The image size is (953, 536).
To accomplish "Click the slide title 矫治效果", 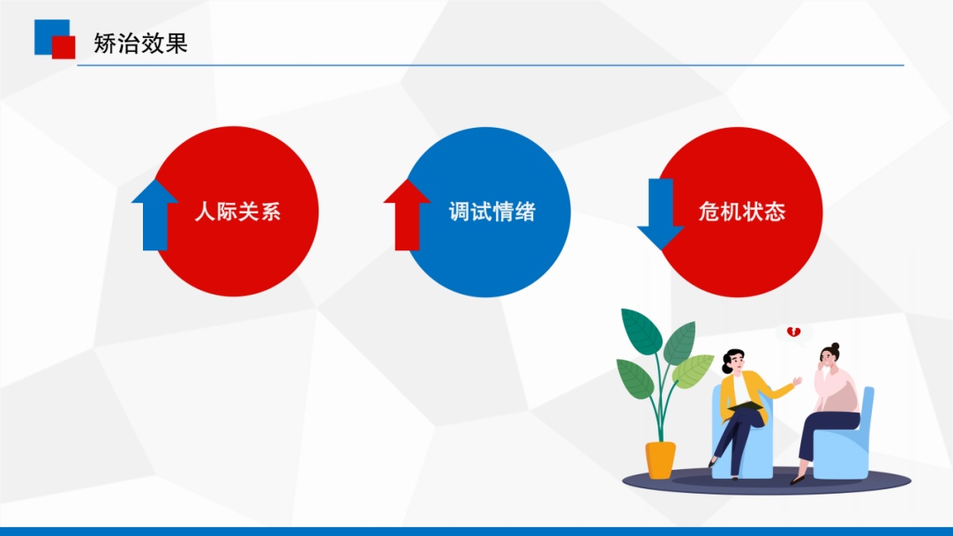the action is point(140,43).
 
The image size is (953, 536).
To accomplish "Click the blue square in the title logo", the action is point(49,33).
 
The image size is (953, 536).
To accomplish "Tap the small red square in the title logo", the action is point(64,48).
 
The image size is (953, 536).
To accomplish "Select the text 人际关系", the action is point(237,212).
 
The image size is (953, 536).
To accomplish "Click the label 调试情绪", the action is point(492,212).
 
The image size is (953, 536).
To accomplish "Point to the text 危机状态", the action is point(742,212).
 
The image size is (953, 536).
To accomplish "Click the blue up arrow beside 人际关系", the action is point(155,215).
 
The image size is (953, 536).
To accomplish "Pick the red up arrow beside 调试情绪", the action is point(407,215).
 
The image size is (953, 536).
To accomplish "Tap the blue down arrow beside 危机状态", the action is point(661,214).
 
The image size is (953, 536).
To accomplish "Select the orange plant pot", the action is point(661,459).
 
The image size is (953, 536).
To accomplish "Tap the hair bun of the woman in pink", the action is point(835,347).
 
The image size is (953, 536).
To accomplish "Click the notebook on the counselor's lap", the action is point(745,406).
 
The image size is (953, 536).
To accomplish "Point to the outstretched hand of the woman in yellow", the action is point(798,381).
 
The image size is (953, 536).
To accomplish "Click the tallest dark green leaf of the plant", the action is point(641,331).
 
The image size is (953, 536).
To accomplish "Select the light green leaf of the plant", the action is point(693,370).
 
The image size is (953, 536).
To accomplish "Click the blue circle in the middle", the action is point(486,212).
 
